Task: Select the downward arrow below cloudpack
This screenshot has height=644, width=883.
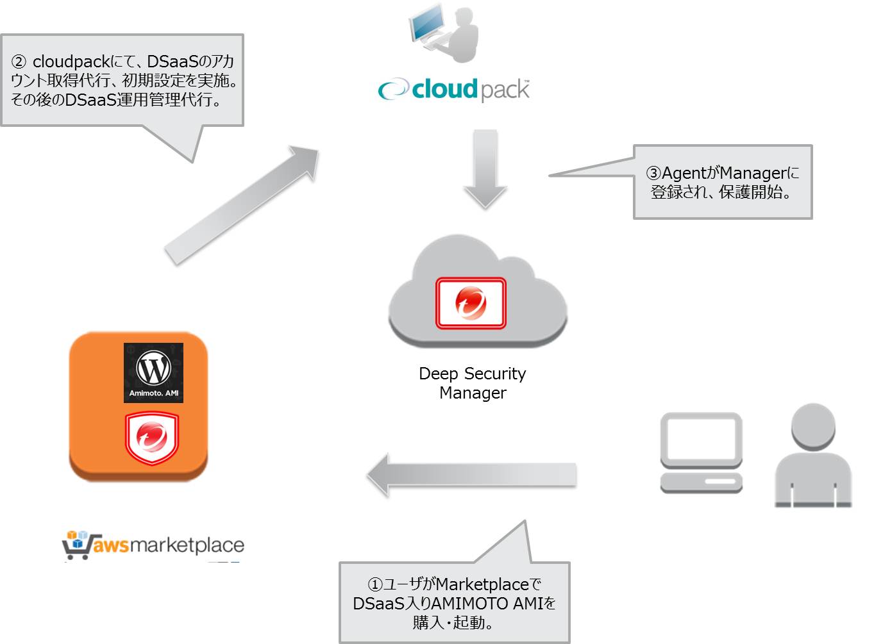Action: pyautogui.click(x=485, y=169)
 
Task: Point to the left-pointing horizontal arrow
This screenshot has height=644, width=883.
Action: pyautogui.click(x=472, y=475)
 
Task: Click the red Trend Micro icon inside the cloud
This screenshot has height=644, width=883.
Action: pyautogui.click(x=471, y=303)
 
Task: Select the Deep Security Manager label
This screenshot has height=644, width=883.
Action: pyautogui.click(x=473, y=383)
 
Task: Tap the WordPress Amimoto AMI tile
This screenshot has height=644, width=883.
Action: pyautogui.click(x=153, y=373)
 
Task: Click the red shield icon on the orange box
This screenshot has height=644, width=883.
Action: pyautogui.click(x=152, y=438)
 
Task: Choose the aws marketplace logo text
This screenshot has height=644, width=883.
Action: pyautogui.click(x=168, y=545)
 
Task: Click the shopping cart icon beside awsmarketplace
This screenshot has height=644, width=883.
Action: pyautogui.click(x=76, y=545)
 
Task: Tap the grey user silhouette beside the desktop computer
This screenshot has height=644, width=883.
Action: pyautogui.click(x=812, y=455)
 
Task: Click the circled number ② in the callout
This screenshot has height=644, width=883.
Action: pyautogui.click(x=19, y=62)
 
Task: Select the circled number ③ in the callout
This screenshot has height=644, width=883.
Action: pyautogui.click(x=653, y=173)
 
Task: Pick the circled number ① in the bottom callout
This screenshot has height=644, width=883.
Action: pyautogui.click(x=374, y=584)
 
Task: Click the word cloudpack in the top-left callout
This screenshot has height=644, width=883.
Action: pyautogui.click(x=71, y=62)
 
